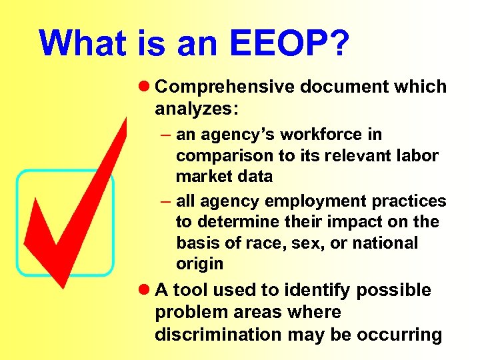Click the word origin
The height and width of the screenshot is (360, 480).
[199, 263]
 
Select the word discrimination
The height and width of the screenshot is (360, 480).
[219, 334]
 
